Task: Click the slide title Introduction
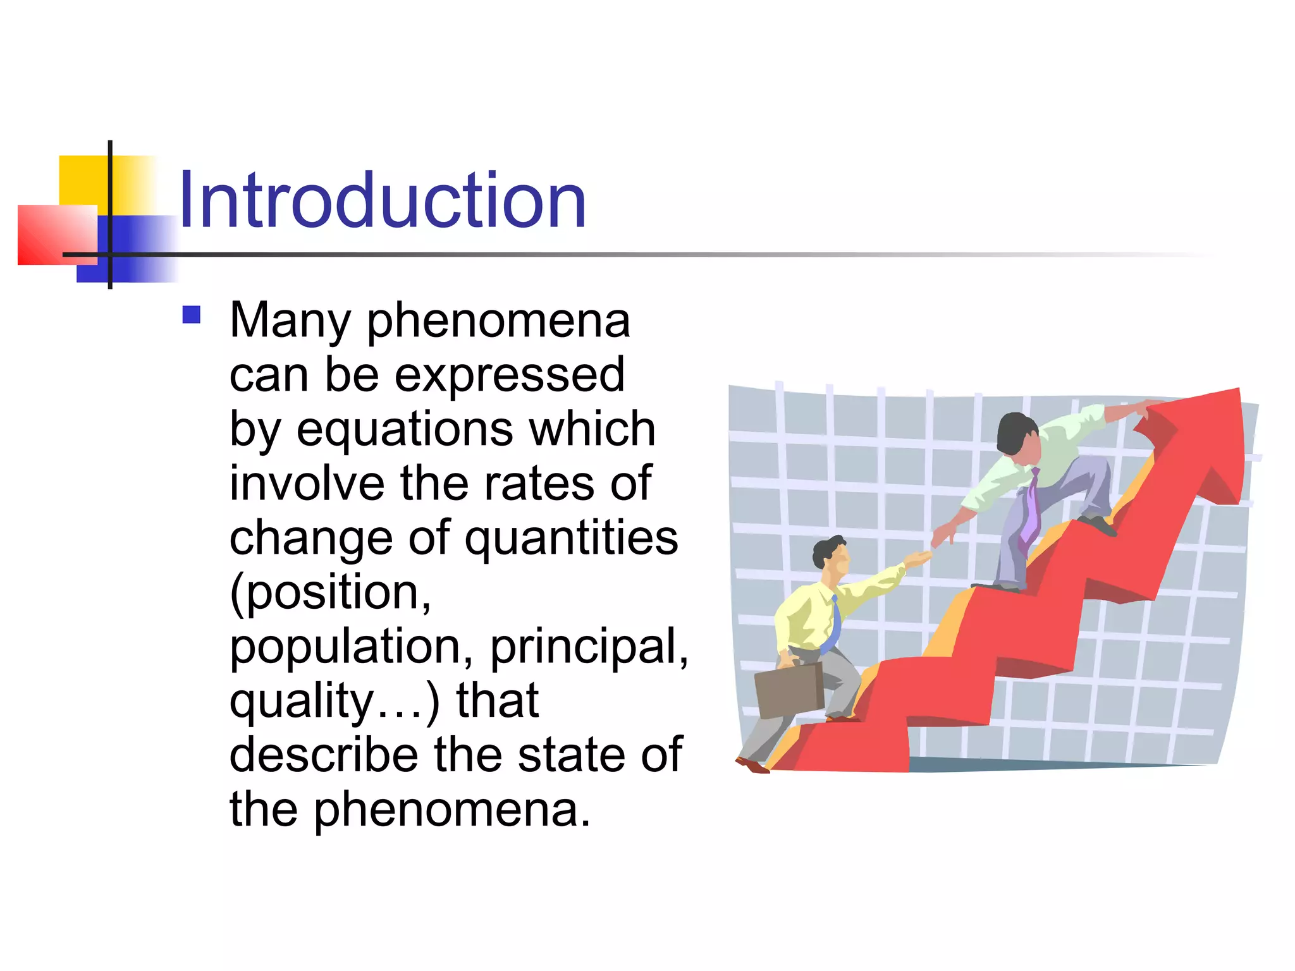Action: tap(382, 201)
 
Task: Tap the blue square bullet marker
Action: tap(191, 315)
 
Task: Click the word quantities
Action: tap(572, 539)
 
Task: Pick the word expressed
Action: tap(510, 376)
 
